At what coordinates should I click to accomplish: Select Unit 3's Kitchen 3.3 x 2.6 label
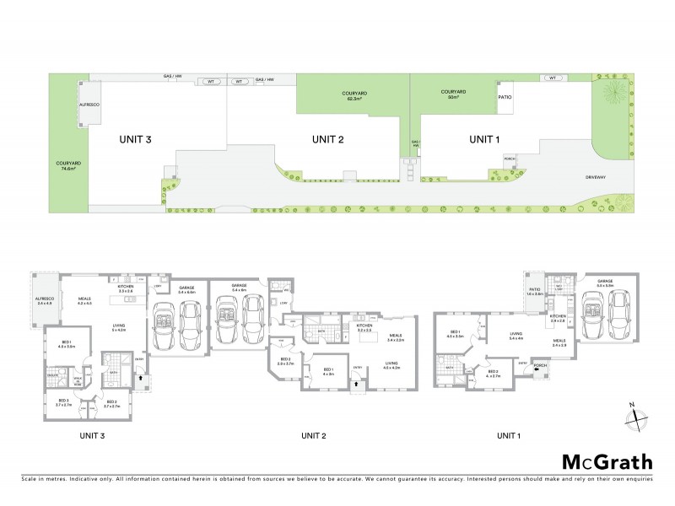point(127,289)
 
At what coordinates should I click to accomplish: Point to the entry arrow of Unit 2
point(358,383)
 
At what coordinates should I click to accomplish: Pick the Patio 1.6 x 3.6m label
point(534,293)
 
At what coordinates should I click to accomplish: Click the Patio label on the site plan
point(505,96)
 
